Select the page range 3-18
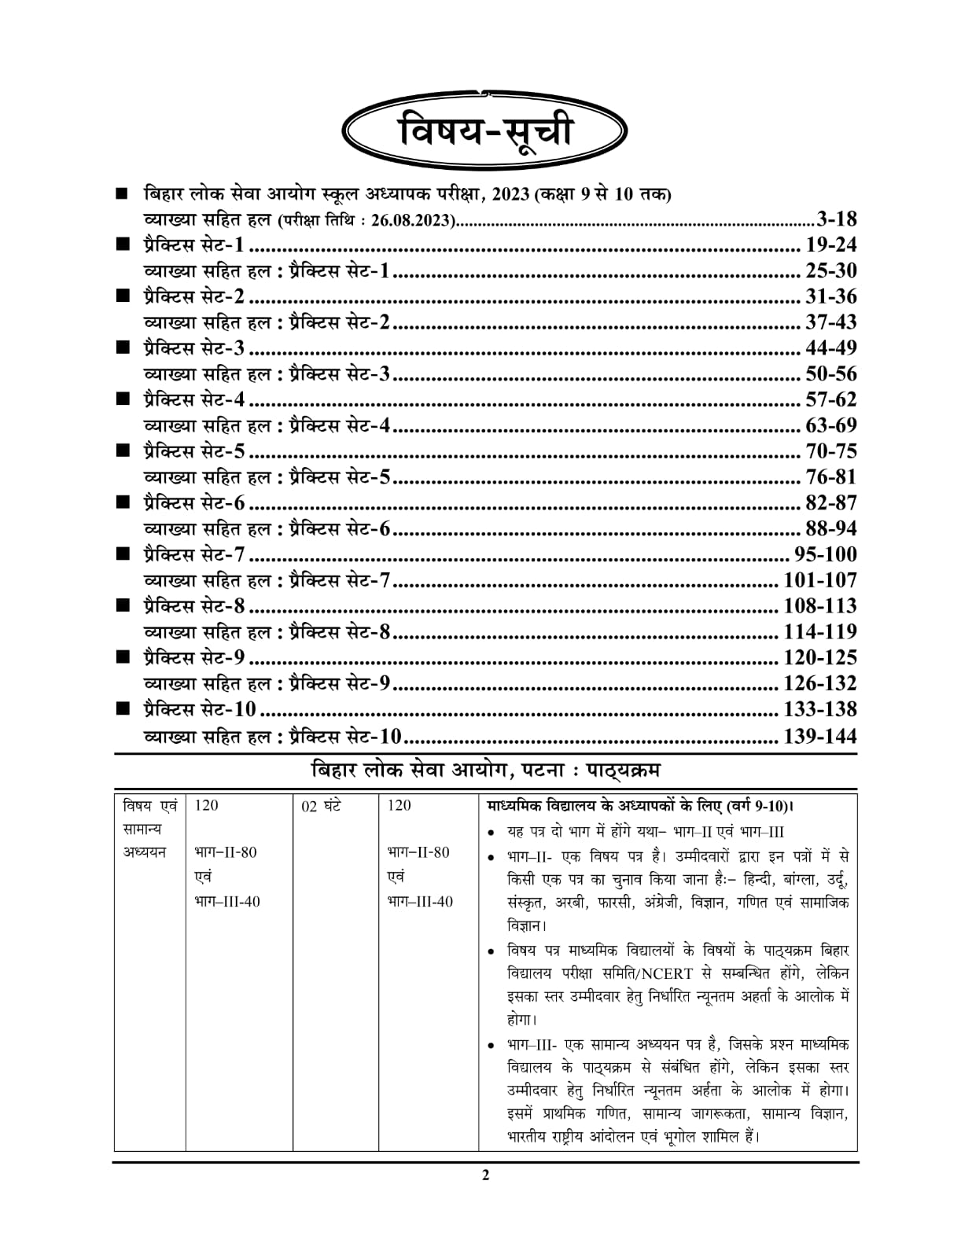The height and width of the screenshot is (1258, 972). click(837, 219)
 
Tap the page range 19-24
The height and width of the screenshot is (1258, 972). click(831, 245)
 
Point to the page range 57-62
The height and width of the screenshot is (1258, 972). click(831, 400)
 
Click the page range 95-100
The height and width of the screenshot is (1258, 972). click(826, 555)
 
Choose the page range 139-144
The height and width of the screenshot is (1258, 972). click(820, 737)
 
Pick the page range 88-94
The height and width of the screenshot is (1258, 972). click(831, 529)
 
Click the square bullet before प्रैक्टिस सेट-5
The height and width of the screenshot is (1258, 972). click(123, 451)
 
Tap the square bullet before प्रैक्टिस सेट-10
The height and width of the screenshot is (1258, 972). click(123, 709)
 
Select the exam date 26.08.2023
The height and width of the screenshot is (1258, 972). click(413, 221)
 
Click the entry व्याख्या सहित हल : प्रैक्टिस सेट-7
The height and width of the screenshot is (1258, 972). click(267, 581)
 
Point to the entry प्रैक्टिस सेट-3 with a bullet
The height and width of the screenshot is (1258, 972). click(193, 348)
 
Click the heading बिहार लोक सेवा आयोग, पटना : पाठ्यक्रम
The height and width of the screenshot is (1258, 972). click(485, 770)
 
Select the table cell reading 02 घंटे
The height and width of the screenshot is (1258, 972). click(322, 806)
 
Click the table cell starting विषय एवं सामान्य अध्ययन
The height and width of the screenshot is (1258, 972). click(149, 829)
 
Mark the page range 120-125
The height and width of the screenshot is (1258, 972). click(820, 658)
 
